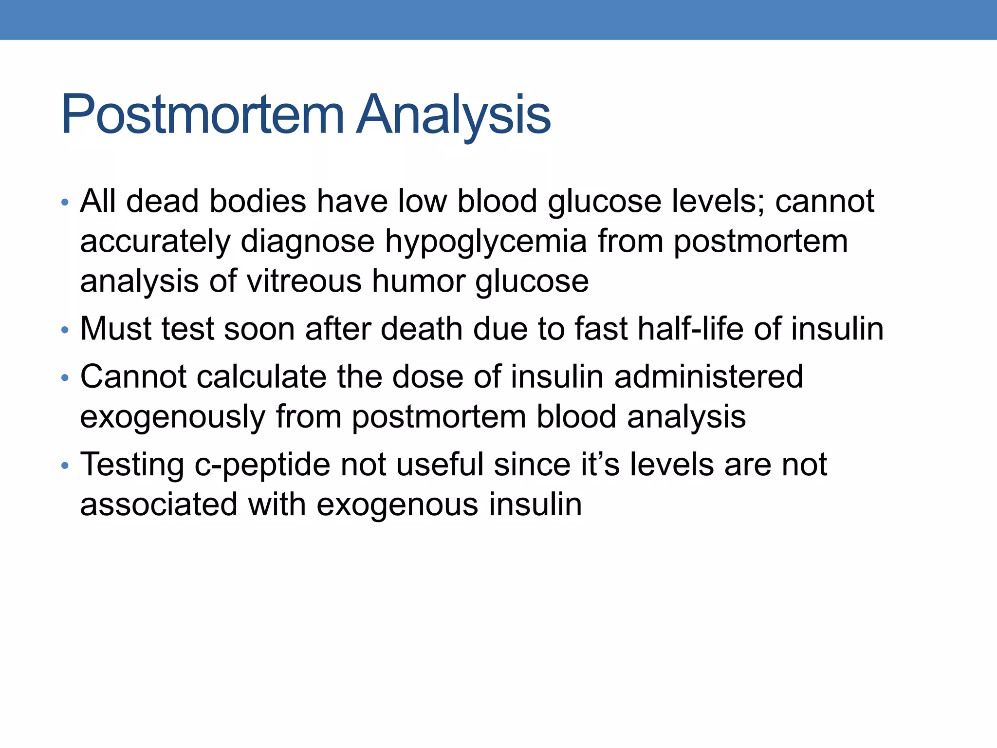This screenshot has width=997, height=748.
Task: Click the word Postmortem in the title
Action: click(x=203, y=115)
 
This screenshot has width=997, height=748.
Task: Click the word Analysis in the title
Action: click(x=453, y=115)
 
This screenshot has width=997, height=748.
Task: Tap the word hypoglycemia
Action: click(x=486, y=242)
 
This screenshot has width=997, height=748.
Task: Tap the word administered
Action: click(x=708, y=376)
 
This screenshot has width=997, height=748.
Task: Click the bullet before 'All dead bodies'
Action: click(x=65, y=202)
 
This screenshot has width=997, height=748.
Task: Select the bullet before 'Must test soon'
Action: click(x=65, y=330)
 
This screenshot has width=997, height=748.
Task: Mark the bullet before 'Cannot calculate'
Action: click(x=65, y=378)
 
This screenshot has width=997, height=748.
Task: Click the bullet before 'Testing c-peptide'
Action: click(x=65, y=466)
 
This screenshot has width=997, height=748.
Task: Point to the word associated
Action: click(x=159, y=505)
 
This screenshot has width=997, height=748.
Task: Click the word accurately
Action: click(x=155, y=243)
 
